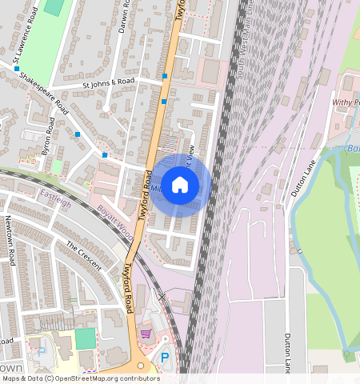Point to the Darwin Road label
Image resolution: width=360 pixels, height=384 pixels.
pyautogui.click(x=122, y=15)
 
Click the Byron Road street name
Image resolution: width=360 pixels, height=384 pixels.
pyautogui.click(x=48, y=137)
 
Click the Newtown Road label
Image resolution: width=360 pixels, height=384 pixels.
pyautogui.click(x=11, y=241)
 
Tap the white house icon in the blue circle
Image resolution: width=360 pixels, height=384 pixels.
pyautogui.click(x=180, y=185)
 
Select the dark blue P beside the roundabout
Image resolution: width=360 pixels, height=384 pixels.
pyautogui.click(x=166, y=358)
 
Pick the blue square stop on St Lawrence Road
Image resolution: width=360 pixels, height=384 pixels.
pyautogui.click(x=17, y=70)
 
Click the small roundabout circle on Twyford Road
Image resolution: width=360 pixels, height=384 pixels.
pyautogui.click(x=141, y=365)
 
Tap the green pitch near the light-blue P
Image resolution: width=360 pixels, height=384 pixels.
pyautogui.click(x=85, y=338)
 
